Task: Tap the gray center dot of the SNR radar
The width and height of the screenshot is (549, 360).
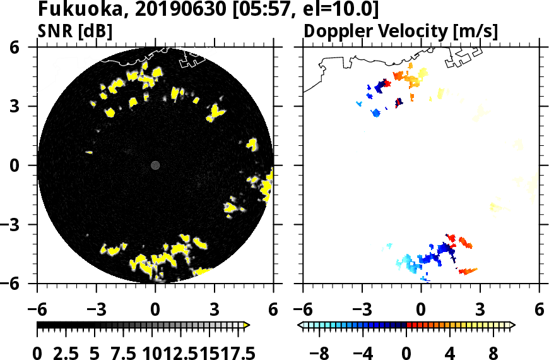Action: click(x=155, y=165)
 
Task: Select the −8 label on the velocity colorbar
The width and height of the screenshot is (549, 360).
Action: click(x=321, y=352)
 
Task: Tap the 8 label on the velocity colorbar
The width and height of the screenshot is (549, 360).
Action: click(x=493, y=352)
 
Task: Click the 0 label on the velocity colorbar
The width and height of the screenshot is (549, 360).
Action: click(x=407, y=352)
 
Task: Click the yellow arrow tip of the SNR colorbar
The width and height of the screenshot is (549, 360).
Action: click(x=247, y=325)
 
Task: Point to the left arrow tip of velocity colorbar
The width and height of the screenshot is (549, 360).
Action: click(x=300, y=325)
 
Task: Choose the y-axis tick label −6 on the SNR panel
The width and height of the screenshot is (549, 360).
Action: click(x=23, y=284)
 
